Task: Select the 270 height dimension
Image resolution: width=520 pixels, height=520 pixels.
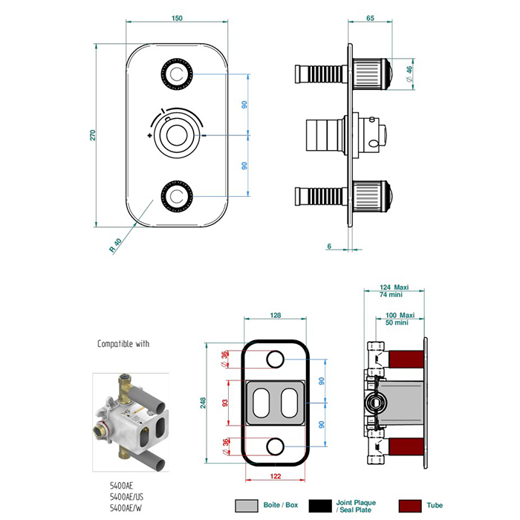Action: click(94, 135)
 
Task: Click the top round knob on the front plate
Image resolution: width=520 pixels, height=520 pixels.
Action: click(177, 74)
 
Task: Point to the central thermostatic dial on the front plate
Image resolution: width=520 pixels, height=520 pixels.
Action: click(177, 135)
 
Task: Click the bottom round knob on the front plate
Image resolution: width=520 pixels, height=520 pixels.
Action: click(177, 196)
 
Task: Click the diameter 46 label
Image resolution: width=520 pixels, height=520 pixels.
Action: click(408, 74)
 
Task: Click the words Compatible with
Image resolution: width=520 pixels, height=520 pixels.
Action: click(123, 344)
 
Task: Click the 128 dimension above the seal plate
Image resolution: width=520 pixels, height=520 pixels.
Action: click(275, 316)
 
